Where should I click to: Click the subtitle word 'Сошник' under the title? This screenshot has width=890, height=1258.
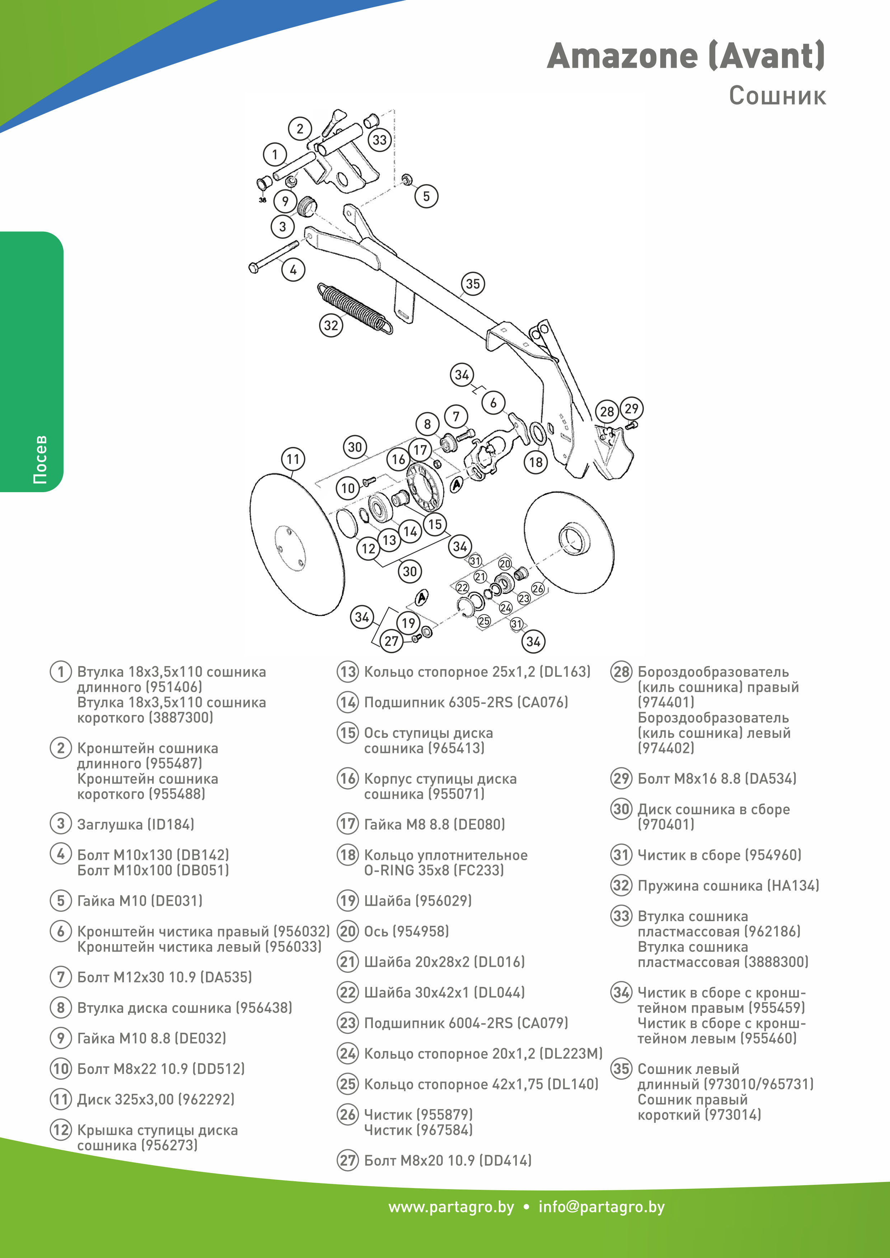(777, 96)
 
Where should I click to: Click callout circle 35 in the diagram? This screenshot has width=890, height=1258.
(472, 284)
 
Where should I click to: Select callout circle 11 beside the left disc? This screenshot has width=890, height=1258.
(293, 459)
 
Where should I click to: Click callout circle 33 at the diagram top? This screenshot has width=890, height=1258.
(379, 140)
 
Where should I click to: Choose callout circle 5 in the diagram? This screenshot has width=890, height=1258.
(426, 196)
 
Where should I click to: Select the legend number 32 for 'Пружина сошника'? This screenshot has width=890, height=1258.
(621, 885)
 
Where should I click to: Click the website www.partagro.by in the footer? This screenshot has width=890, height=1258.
(451, 1207)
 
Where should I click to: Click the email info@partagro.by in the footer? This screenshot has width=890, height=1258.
(601, 1207)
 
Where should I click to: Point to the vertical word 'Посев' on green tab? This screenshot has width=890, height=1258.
(40, 459)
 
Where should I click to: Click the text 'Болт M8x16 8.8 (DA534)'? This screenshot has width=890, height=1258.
(716, 778)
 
